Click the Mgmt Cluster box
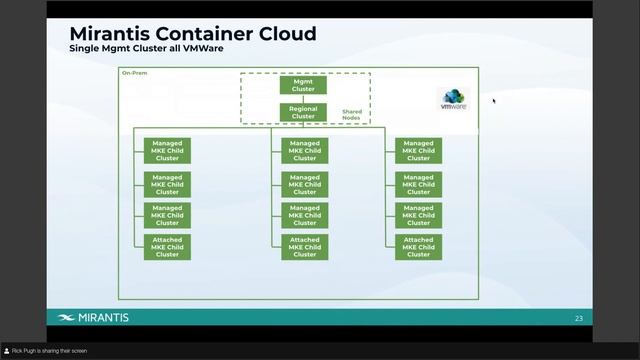(x=303, y=84)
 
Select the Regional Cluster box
(x=303, y=111)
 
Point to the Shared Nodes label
(x=352, y=115)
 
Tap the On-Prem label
(x=133, y=73)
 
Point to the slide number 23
(x=578, y=318)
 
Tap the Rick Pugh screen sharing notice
(x=50, y=351)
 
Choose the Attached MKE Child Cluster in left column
(x=167, y=247)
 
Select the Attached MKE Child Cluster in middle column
(x=305, y=247)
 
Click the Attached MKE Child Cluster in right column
(x=418, y=247)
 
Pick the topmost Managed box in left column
(x=167, y=150)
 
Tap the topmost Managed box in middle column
(x=305, y=150)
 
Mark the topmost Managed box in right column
(x=418, y=150)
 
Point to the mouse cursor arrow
(x=494, y=100)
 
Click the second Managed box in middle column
(x=305, y=184)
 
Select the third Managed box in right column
(x=418, y=215)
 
